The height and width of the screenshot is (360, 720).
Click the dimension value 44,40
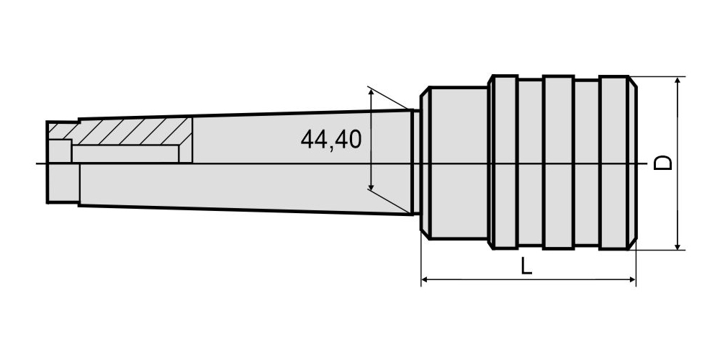pyautogui.click(x=331, y=140)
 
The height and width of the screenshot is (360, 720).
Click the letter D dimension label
pyautogui.click(x=663, y=163)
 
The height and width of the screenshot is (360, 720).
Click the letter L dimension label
pyautogui.click(x=527, y=266)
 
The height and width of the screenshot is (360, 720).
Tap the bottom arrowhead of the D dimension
pyautogui.click(x=678, y=246)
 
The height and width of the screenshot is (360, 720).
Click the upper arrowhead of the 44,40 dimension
pyautogui.click(x=371, y=94)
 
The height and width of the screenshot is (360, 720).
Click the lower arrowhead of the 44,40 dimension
pyautogui.click(x=371, y=186)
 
